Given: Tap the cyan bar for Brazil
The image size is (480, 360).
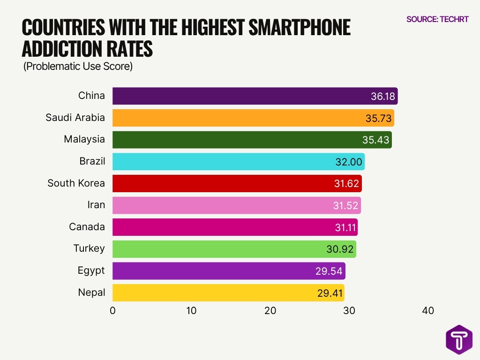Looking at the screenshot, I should click(x=225, y=162).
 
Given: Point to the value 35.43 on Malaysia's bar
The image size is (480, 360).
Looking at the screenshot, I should click(x=376, y=140).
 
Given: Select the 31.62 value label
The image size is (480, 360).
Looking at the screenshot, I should click(x=347, y=184).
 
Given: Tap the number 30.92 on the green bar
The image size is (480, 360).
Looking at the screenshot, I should click(x=340, y=249).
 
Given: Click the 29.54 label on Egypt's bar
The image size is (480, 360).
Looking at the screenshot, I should click(x=329, y=271).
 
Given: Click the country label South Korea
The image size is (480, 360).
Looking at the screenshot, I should click(x=76, y=183).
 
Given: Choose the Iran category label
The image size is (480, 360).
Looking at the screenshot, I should click(x=96, y=205).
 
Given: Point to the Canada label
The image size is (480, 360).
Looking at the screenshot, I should click(x=87, y=227).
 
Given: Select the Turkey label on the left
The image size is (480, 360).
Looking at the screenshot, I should click(x=89, y=248).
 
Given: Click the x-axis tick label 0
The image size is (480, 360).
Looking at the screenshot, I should click(x=112, y=311).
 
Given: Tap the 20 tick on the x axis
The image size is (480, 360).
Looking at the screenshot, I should click(x=270, y=311).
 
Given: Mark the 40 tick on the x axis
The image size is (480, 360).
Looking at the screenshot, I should click(x=427, y=311).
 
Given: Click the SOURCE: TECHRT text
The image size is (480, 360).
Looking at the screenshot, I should click(x=437, y=19).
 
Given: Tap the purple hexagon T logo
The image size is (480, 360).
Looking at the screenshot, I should click(x=459, y=339).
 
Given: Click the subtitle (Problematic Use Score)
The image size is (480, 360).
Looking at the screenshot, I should click(x=78, y=67).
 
